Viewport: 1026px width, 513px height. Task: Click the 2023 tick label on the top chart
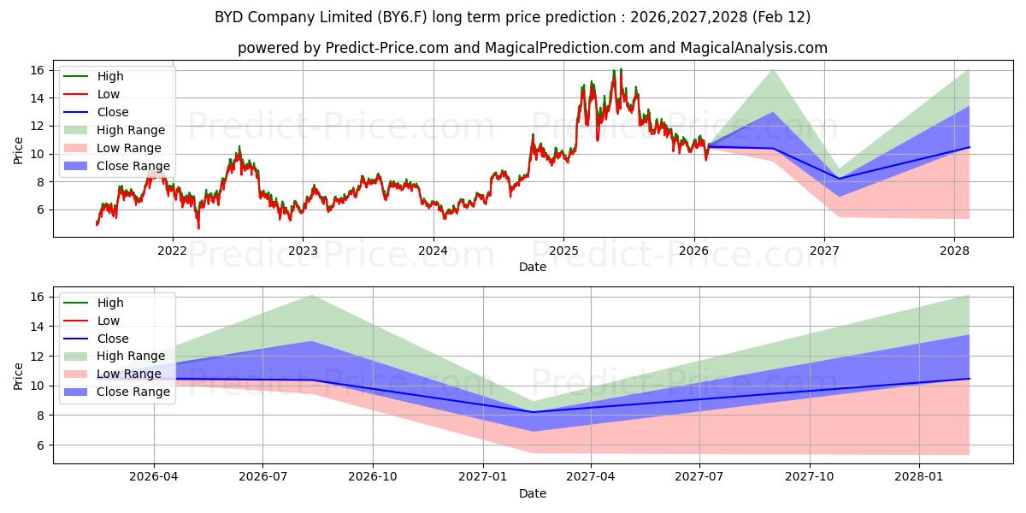point(303,251)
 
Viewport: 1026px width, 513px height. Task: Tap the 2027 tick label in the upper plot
point(824,251)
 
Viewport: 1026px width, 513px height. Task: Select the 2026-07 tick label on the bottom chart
point(263,477)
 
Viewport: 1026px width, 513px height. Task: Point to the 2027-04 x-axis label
point(592,477)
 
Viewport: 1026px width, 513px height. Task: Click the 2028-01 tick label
point(920,477)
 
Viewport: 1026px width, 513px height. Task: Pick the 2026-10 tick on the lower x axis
point(374,477)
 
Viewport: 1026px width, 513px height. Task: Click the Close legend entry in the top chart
point(113,112)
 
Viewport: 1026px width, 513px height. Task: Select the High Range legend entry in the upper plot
point(131,130)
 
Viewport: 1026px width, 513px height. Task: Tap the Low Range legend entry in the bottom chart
point(129,374)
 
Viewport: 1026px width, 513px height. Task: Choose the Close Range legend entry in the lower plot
point(133,392)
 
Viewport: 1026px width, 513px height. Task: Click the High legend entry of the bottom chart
point(110,303)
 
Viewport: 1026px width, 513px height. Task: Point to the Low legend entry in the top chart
point(109,94)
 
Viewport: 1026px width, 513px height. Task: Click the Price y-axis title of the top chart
point(19,150)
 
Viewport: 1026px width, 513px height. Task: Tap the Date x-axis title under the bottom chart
point(532,493)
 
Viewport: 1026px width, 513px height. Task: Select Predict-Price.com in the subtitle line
point(387,48)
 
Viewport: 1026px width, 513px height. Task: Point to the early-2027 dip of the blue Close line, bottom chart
point(533,412)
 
